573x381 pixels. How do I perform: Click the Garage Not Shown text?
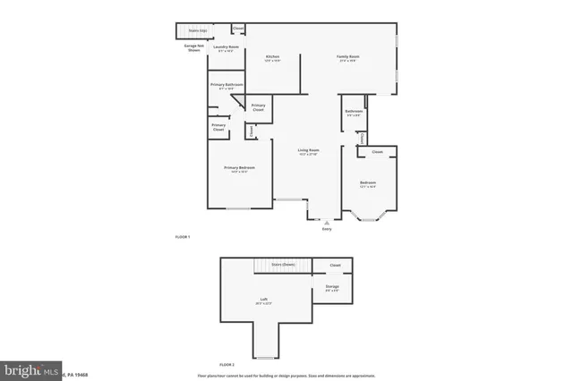[193, 47]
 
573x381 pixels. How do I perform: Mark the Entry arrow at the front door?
[327, 221]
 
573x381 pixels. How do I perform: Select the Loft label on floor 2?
[264, 301]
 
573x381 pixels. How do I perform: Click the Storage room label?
[332, 286]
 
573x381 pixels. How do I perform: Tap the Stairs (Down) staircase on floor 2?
[283, 265]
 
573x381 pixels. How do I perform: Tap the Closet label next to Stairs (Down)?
[335, 265]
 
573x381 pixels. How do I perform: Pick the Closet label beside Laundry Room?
[239, 29]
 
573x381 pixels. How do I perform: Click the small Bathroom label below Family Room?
[353, 113]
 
